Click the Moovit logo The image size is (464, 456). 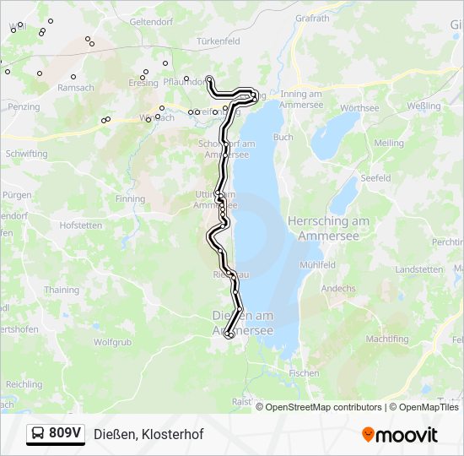pos(400,435)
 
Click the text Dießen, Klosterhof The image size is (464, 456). pos(148,434)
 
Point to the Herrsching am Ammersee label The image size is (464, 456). pos(329,226)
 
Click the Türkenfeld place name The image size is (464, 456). pos(219,41)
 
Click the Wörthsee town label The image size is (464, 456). pos(359,108)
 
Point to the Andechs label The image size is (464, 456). pos(338,288)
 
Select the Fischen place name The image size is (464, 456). pos(304,372)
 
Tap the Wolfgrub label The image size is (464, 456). pos(112,343)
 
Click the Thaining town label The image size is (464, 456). pos(61,290)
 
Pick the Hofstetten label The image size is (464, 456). pos(81,225)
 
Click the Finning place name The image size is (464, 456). pos(131,199)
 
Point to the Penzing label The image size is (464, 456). pos(24,107)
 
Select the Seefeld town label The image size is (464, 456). pos(375,178)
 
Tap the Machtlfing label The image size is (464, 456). pos(387,339)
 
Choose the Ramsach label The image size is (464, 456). pos(75,88)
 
